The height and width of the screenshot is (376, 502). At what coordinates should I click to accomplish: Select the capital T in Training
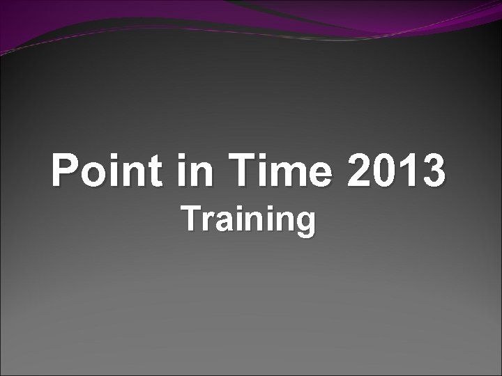tap(192, 219)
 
